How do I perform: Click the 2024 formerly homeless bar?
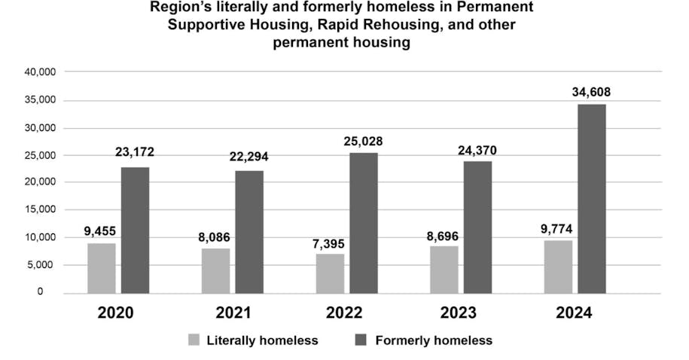pyautogui.click(x=591, y=198)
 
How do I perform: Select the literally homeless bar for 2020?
pyautogui.click(x=101, y=268)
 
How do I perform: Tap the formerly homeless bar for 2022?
pyautogui.click(x=363, y=223)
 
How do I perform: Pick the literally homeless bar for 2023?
pyautogui.click(x=444, y=270)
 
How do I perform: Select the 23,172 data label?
pyautogui.click(x=135, y=152)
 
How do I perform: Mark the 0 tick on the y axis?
pyautogui.click(x=50, y=292)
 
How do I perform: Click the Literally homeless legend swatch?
pyautogui.click(x=194, y=340)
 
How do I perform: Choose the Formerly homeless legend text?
pyautogui.click(x=434, y=340)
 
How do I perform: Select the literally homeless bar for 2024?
pyautogui.click(x=558, y=267)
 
